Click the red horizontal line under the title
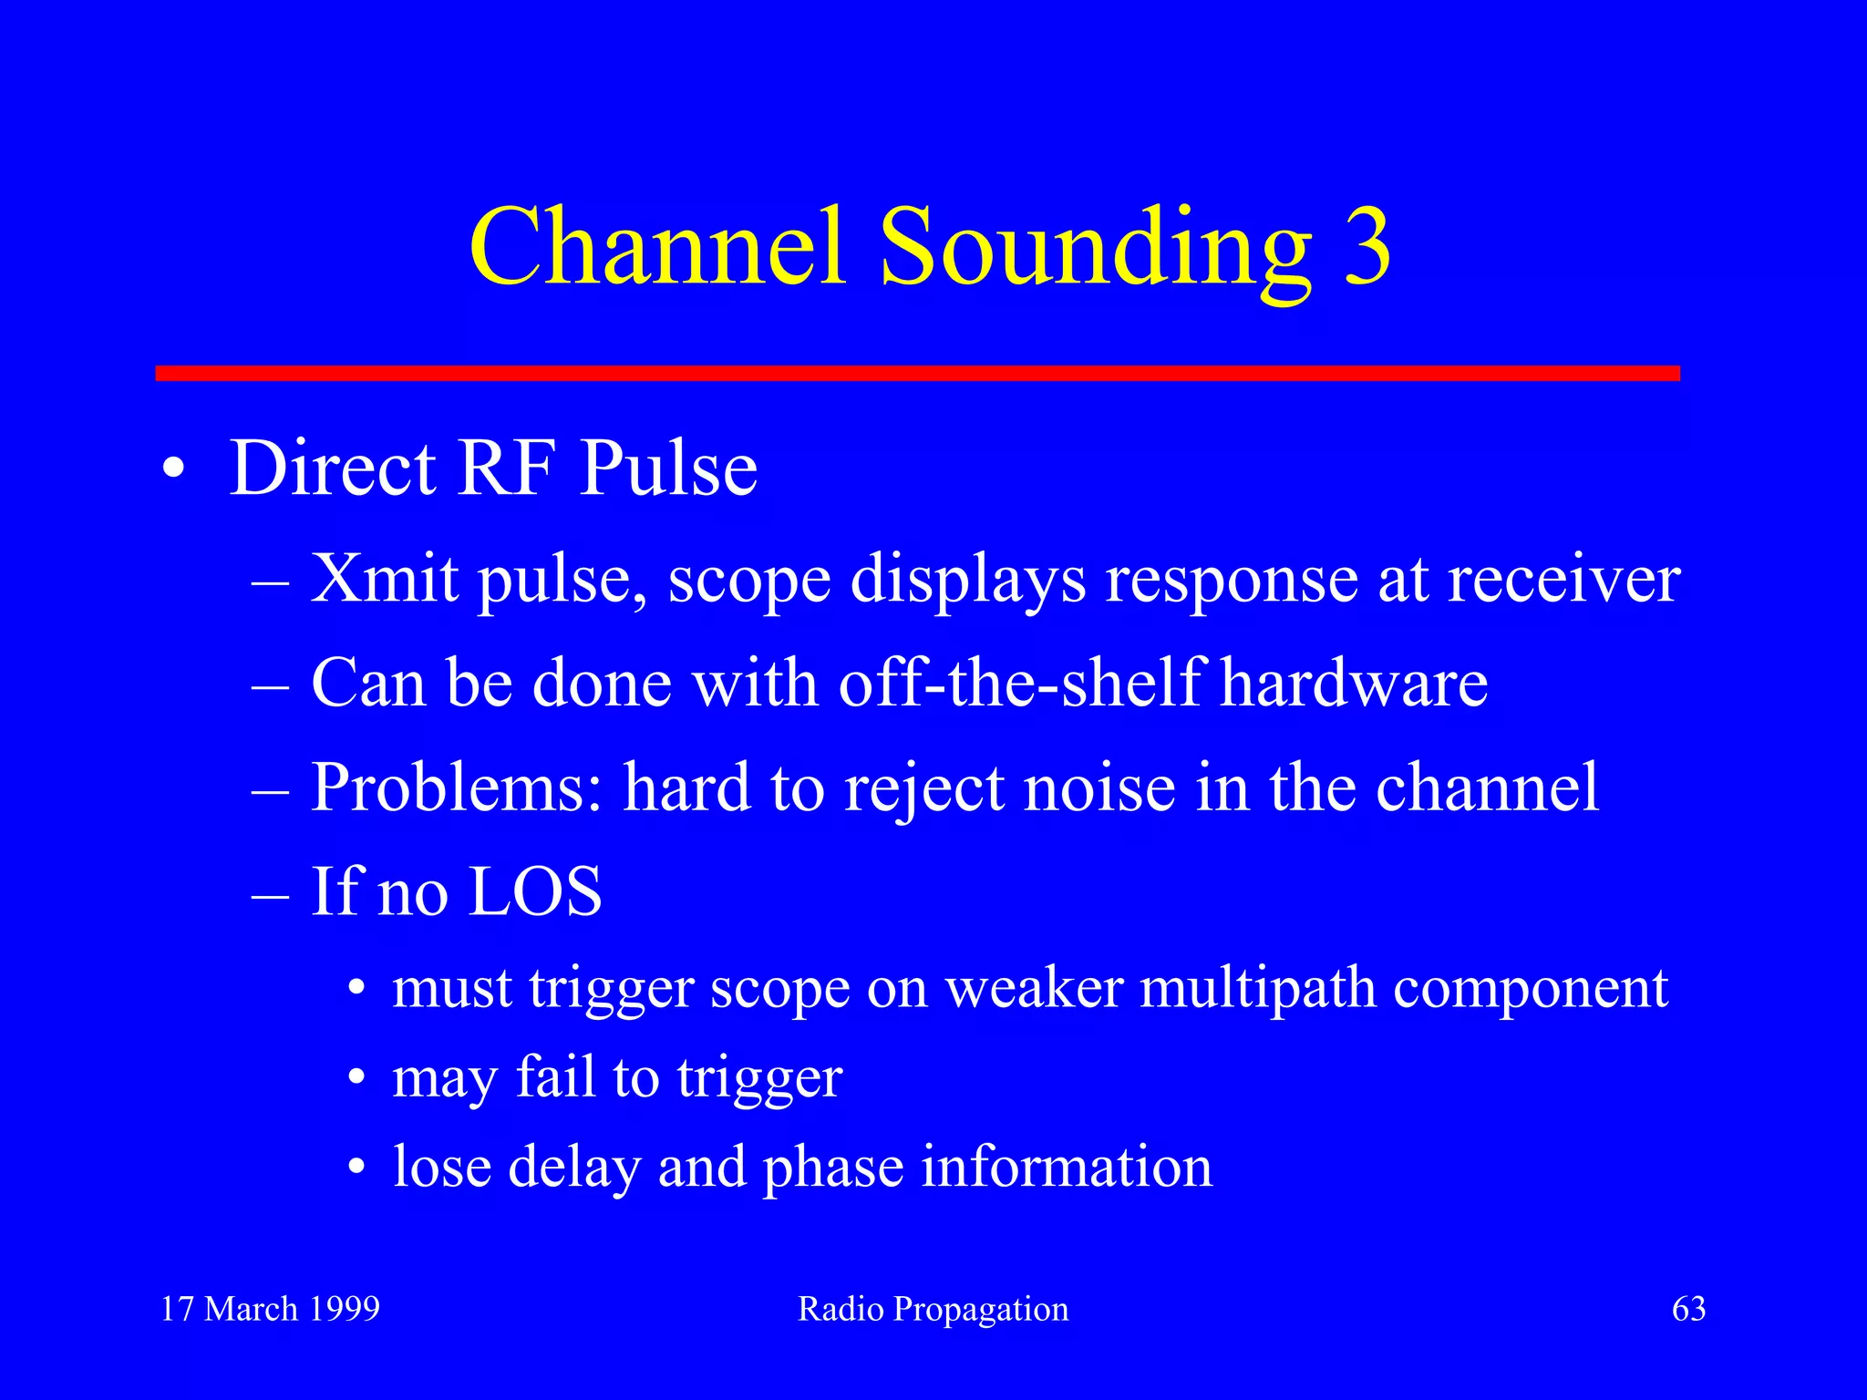tap(917, 373)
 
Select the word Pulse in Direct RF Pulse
tap(668, 468)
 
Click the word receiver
tap(1563, 580)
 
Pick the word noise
tap(1099, 787)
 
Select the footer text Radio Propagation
tap(933, 1310)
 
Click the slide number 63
tap(1688, 1309)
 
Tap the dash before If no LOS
tap(270, 894)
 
